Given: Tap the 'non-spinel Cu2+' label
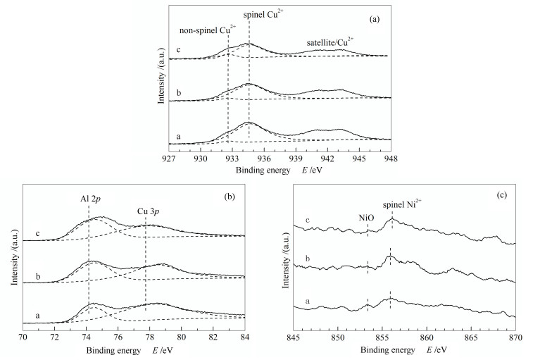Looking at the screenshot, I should (208, 30).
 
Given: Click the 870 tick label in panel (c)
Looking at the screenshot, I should (515, 337).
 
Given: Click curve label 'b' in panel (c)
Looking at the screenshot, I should (308, 260).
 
